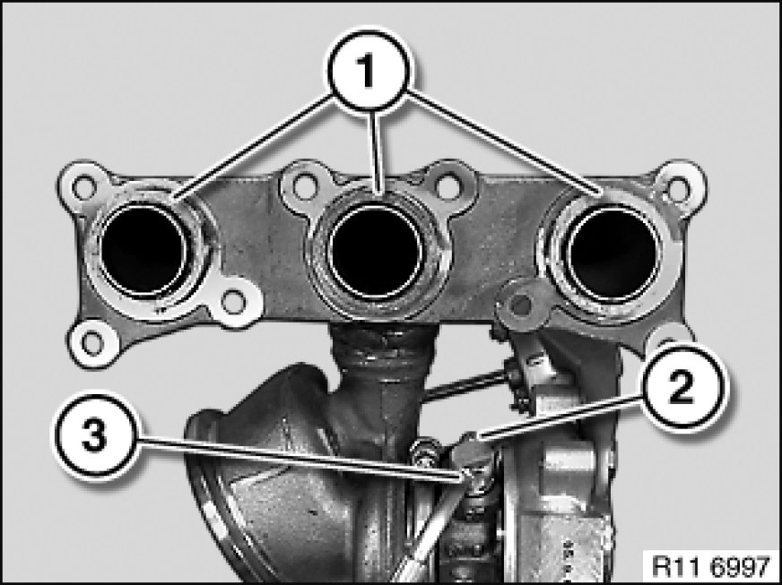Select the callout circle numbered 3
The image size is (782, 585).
tap(95, 436)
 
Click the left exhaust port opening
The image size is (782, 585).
tap(144, 249)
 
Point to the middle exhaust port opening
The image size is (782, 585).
tap(374, 251)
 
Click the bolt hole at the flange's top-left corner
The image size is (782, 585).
tap(83, 187)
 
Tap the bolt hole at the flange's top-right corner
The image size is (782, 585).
tap(678, 188)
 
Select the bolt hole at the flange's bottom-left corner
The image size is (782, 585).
tap(92, 343)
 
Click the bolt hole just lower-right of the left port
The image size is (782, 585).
tap(233, 302)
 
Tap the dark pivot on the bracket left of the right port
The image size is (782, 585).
tap(521, 305)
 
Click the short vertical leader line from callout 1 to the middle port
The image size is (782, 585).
tap(376, 152)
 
